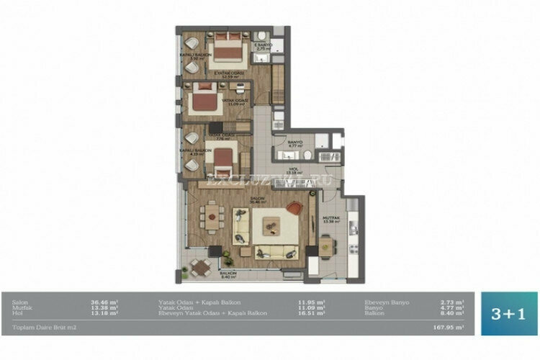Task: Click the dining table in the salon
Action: [x=211, y=214]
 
